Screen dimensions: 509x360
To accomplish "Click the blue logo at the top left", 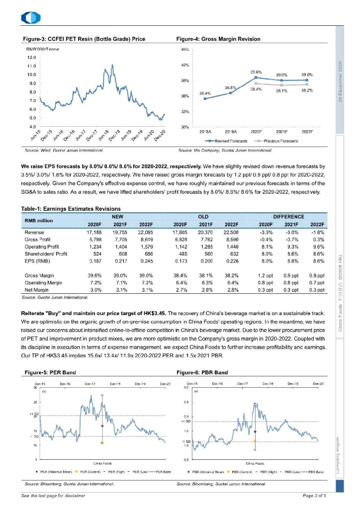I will [x=27, y=18].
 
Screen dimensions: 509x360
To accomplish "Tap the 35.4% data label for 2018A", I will [x=205, y=93].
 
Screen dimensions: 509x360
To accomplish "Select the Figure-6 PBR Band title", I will [x=202, y=372].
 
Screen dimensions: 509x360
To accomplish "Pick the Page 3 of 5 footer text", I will [x=314, y=496].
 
